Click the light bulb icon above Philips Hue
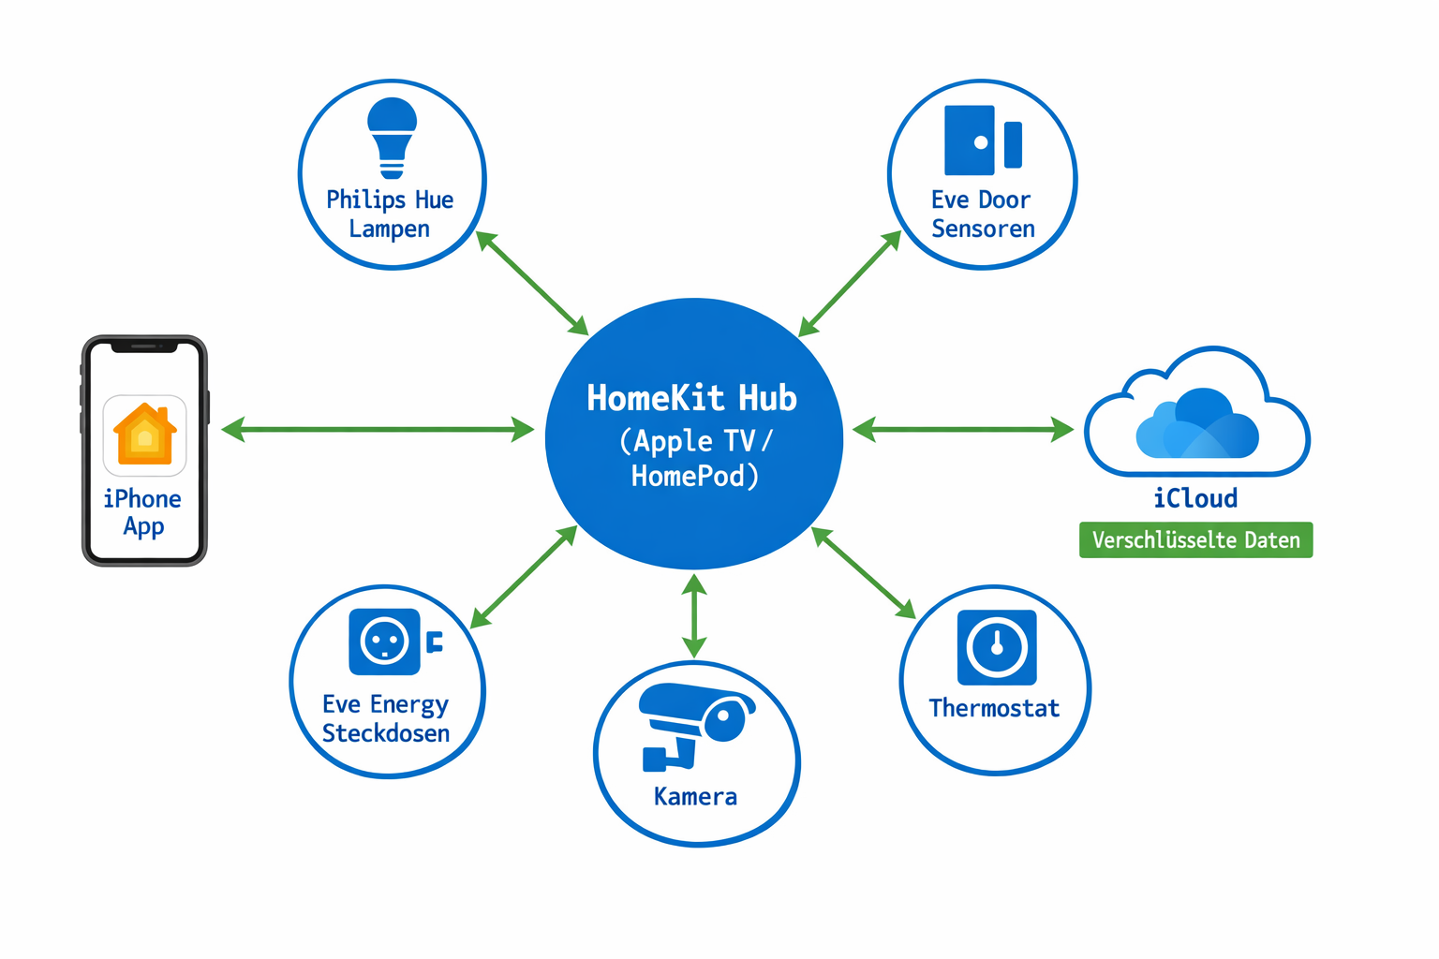pyautogui.click(x=392, y=137)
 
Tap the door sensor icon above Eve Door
pyautogui.click(x=982, y=140)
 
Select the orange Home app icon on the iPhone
pyautogui.click(x=144, y=435)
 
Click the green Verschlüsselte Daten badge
pyautogui.click(x=1195, y=540)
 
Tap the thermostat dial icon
pyautogui.click(x=997, y=647)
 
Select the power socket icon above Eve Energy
pyautogui.click(x=385, y=642)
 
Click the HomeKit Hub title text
pyautogui.click(x=691, y=398)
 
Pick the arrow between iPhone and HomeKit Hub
pyautogui.click(x=378, y=430)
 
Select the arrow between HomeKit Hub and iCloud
pyautogui.click(x=963, y=430)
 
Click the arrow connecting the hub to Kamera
pyautogui.click(x=694, y=616)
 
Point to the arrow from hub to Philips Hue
pyautogui.click(x=532, y=282)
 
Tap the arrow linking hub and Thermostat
pyautogui.click(x=864, y=573)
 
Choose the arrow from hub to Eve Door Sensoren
pyautogui.click(x=850, y=284)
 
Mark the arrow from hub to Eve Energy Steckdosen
pyautogui.click(x=524, y=577)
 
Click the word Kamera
pyautogui.click(x=695, y=797)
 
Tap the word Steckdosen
pyautogui.click(x=386, y=733)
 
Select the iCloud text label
pyautogui.click(x=1195, y=498)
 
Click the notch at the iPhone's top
pyautogui.click(x=144, y=347)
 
